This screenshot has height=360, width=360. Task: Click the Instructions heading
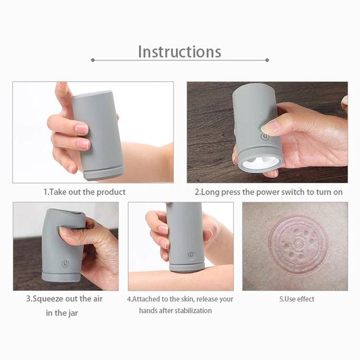pyautogui.click(x=179, y=52)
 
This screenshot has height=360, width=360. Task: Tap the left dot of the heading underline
pyautogui.click(x=93, y=60)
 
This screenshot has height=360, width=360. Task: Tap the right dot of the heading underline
pyautogui.click(x=267, y=60)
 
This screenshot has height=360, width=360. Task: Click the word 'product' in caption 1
pyautogui.click(x=111, y=192)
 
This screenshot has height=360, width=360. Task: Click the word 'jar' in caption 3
pyautogui.click(x=73, y=313)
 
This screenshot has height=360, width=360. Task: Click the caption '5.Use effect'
pyautogui.click(x=296, y=299)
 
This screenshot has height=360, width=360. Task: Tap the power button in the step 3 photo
pyautogui.click(x=66, y=263)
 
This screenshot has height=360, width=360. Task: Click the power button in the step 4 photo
pyautogui.click(x=191, y=255)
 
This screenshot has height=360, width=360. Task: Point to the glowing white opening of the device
pyautogui.click(x=260, y=164)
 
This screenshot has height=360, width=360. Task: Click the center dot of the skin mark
pyautogui.click(x=299, y=243)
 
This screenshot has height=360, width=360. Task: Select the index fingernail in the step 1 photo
pyautogui.click(x=82, y=129)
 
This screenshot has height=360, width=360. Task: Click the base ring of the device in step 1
pyautogui.click(x=103, y=173)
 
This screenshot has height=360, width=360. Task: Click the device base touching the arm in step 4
pyautogui.click(x=187, y=268)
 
